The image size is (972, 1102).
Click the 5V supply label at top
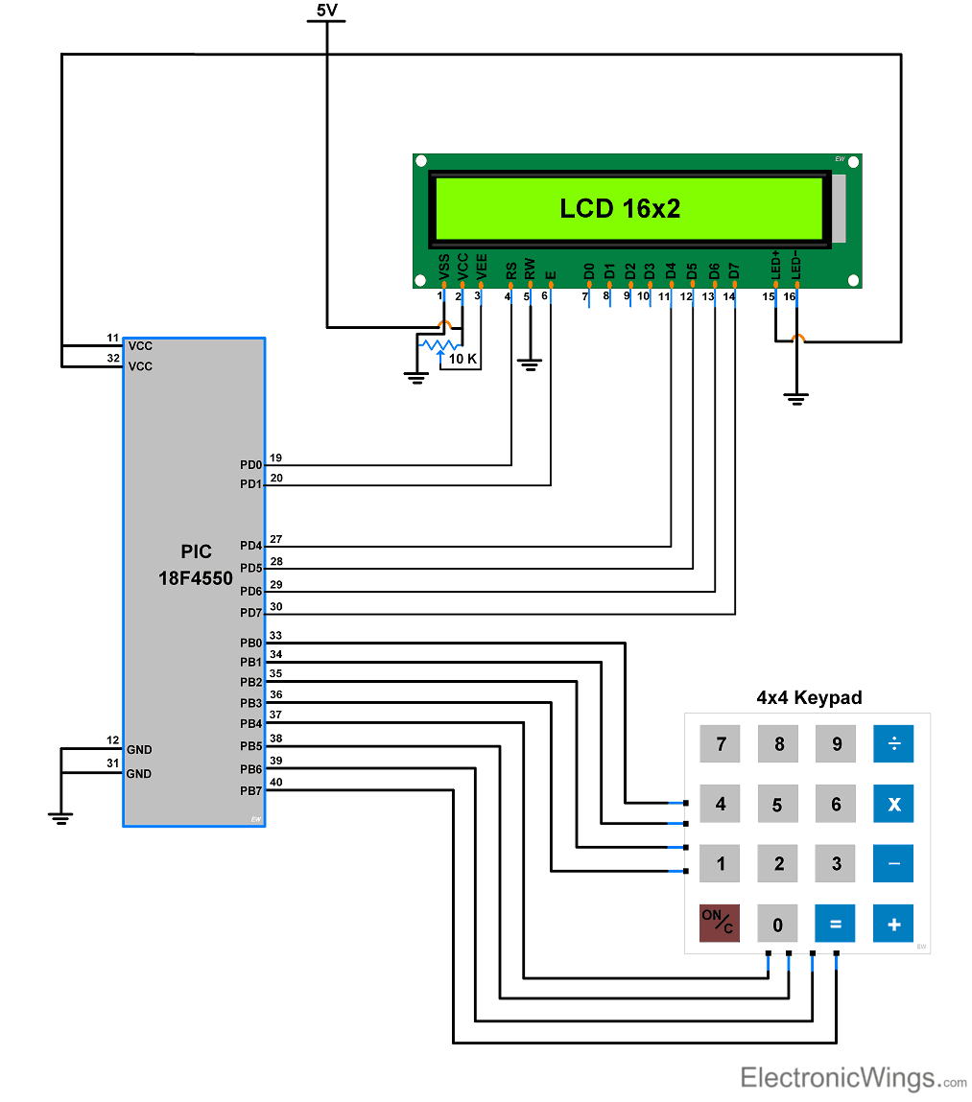coord(327,11)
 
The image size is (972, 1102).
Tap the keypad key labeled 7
coord(720,744)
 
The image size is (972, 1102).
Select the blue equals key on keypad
coord(835,925)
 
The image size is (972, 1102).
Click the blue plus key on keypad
coord(893,925)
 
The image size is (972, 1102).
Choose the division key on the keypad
coord(893,744)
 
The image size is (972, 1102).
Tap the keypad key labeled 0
coord(777,925)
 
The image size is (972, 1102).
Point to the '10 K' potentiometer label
coord(462,359)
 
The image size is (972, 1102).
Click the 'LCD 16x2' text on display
coord(620,208)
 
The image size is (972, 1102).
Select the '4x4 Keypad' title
coord(809,697)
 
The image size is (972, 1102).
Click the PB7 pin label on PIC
coord(250,791)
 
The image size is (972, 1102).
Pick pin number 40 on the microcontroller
coord(276,782)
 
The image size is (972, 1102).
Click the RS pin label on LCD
coord(511,271)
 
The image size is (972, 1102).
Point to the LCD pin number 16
coord(790,297)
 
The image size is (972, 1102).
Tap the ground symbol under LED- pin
coord(795,398)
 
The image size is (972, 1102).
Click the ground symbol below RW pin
coord(529,364)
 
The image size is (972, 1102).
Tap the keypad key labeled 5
coord(777,805)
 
